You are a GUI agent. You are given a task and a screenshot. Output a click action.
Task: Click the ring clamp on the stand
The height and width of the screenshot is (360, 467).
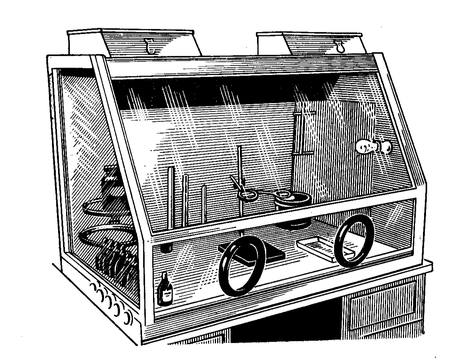point(246,196)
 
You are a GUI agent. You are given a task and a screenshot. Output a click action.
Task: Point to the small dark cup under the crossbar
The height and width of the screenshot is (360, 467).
point(166,248)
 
